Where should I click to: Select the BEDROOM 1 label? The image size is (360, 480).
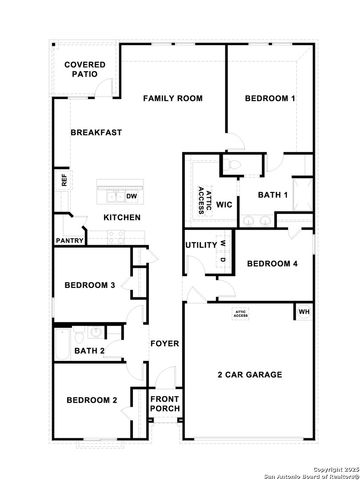click(x=271, y=98)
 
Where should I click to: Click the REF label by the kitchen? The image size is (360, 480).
click(x=64, y=181)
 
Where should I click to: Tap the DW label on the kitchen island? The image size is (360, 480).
click(x=132, y=196)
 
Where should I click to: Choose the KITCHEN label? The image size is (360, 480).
click(x=122, y=218)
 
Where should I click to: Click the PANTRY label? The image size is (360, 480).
click(x=69, y=241)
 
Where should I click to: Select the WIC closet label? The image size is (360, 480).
click(x=224, y=204)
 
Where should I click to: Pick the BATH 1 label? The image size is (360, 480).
click(x=272, y=195)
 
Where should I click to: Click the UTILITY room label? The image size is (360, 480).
click(x=200, y=244)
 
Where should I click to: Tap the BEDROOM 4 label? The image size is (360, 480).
click(x=272, y=264)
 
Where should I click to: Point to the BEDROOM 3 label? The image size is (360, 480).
click(x=90, y=285)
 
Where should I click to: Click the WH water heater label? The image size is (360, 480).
click(x=304, y=312)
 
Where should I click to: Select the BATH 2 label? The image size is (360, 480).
click(x=90, y=350)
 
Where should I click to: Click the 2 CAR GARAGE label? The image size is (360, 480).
click(x=250, y=375)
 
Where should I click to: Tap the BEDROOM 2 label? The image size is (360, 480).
click(x=92, y=400)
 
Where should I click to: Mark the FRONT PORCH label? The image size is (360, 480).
click(x=164, y=404)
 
